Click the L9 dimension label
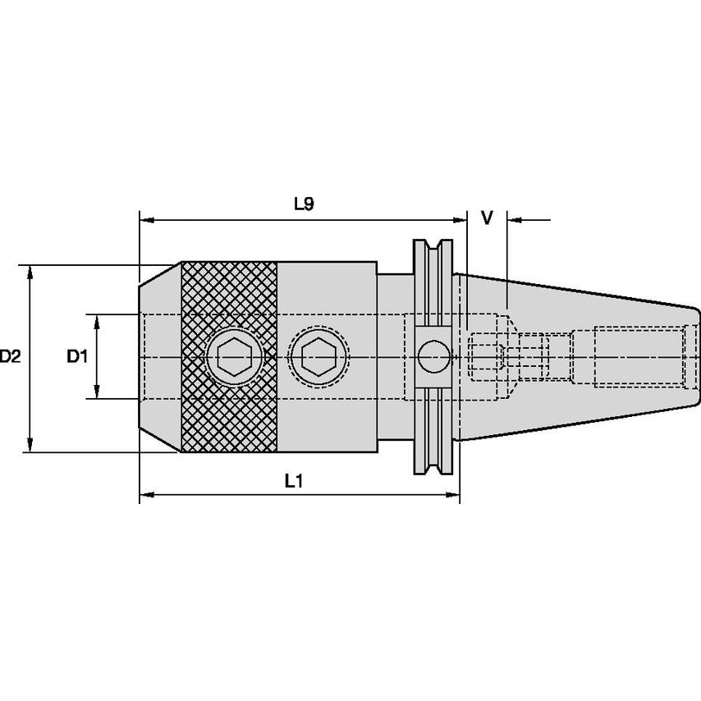click(304, 204)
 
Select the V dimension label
click(487, 218)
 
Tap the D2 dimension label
click(10, 357)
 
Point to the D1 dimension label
click(76, 356)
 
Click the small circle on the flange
click(433, 357)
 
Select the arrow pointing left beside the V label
click(516, 219)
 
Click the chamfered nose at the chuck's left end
click(158, 357)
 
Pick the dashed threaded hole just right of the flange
click(485, 358)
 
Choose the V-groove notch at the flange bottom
click(432, 469)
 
